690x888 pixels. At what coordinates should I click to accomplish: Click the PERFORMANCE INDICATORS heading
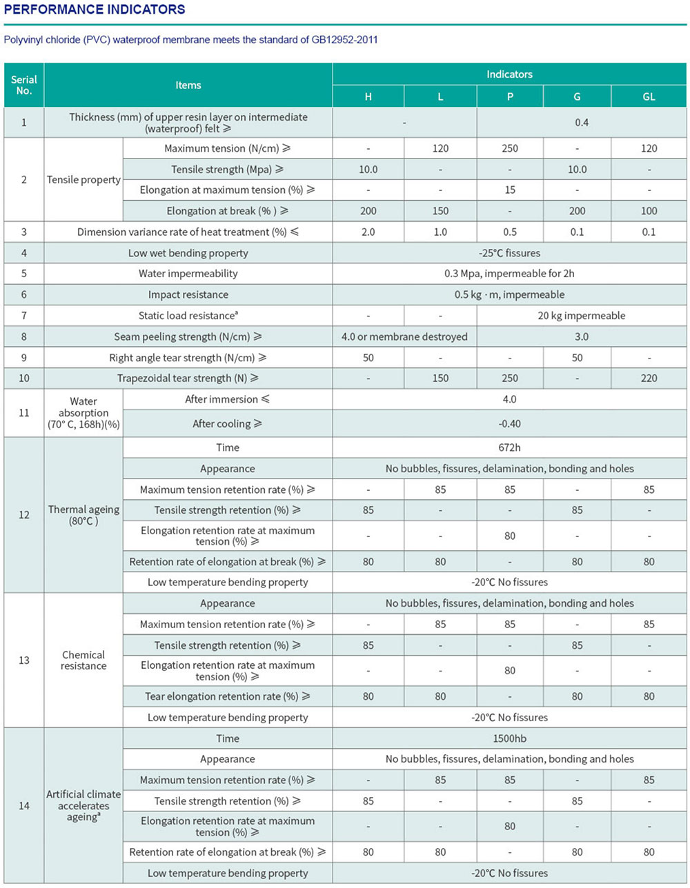[x=95, y=10]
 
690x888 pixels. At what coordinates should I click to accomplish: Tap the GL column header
[x=649, y=97]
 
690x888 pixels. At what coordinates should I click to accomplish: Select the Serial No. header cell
[x=24, y=85]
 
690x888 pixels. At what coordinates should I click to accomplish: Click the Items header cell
[x=188, y=85]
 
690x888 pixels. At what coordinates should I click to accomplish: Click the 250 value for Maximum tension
[x=510, y=148]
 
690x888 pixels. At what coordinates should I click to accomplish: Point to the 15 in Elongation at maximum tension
[x=510, y=190]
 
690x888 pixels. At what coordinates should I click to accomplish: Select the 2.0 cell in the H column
[x=368, y=232]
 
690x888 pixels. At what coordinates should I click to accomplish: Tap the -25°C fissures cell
[x=509, y=253]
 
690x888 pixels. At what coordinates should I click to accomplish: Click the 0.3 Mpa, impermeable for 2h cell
[x=509, y=274]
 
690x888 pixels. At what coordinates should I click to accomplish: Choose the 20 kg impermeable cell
[x=581, y=316]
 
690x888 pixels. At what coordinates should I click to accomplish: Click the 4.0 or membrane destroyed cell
[x=404, y=336]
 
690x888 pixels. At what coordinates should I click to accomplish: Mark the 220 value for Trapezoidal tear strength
[x=649, y=378]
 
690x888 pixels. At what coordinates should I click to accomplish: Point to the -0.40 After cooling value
[x=509, y=423]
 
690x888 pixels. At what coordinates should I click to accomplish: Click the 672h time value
[x=509, y=447]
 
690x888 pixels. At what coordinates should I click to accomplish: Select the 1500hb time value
[x=509, y=738]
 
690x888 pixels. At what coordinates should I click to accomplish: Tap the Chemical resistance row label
[x=83, y=660]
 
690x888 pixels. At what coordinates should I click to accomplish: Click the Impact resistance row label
[x=188, y=294]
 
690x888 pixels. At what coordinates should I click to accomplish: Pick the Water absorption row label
[x=83, y=412]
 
